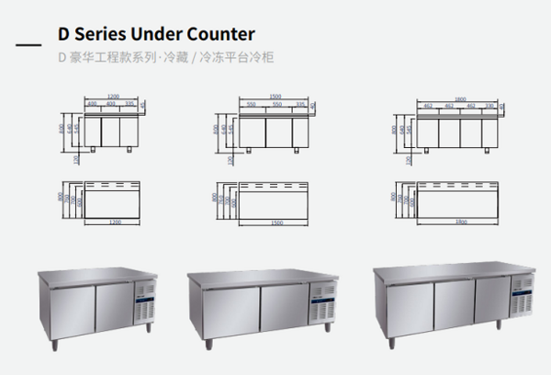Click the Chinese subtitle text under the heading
[165, 57]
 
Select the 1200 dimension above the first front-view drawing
[113, 96]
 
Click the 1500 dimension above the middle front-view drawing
[275, 96]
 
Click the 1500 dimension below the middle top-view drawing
[276, 222]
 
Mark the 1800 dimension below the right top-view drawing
[458, 222]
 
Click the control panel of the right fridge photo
[523, 295]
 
